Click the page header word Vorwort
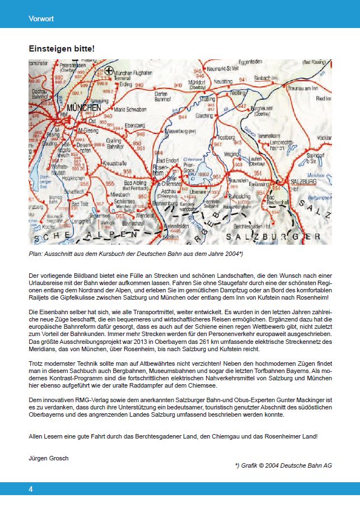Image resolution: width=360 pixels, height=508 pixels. coord(41,19)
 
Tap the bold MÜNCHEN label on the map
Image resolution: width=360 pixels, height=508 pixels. coord(83,107)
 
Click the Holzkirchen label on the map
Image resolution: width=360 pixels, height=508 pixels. coord(74,178)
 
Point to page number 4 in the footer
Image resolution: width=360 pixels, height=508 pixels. coord(31,489)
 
